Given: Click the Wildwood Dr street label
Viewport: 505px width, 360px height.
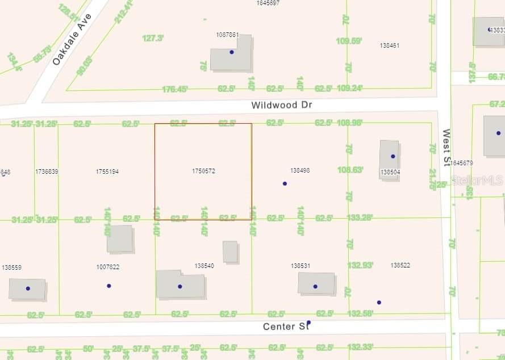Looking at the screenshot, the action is pyautogui.click(x=282, y=105).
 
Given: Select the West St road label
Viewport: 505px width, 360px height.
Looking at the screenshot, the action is pyautogui.click(x=446, y=148).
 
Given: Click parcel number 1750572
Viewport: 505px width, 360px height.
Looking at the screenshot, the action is pyautogui.click(x=203, y=170).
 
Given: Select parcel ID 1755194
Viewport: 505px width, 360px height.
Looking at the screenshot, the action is pyautogui.click(x=107, y=171).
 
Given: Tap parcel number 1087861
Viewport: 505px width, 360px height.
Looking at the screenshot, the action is pyautogui.click(x=227, y=35).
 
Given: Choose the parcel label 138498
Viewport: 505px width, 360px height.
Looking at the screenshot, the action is pyautogui.click(x=300, y=170).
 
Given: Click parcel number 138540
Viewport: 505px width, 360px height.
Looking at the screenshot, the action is pyautogui.click(x=204, y=265).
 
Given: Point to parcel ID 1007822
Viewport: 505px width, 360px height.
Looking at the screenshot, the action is pyautogui.click(x=108, y=266).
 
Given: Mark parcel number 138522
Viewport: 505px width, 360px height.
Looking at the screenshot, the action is pyautogui.click(x=400, y=265).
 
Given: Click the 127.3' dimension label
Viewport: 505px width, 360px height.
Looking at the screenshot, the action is pyautogui.click(x=153, y=38).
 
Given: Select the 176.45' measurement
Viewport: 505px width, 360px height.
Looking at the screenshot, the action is pyautogui.click(x=175, y=89).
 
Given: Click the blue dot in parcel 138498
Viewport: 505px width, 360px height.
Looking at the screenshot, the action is pyautogui.click(x=285, y=183).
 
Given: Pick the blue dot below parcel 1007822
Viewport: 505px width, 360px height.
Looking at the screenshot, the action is pyautogui.click(x=109, y=286).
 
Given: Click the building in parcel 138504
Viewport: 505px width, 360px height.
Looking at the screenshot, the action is pyautogui.click(x=390, y=160).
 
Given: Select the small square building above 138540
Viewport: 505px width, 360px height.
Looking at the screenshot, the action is pyautogui.click(x=230, y=251).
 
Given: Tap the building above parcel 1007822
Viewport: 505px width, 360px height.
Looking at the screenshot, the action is pyautogui.click(x=120, y=238).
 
